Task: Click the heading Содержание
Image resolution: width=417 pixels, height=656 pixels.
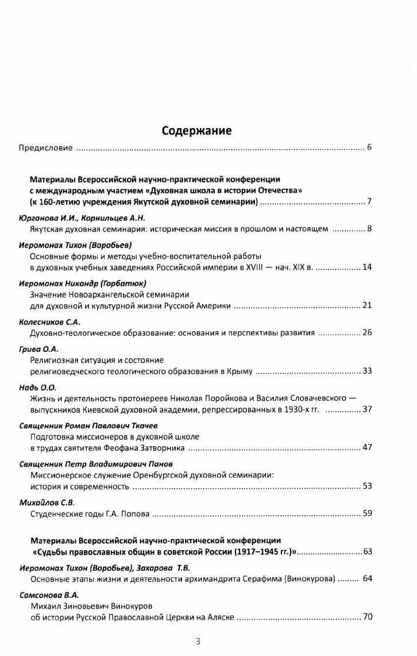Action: click(x=196, y=131)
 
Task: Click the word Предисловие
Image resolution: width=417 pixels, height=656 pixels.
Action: click(x=45, y=148)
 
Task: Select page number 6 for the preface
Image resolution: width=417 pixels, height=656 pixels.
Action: click(x=369, y=148)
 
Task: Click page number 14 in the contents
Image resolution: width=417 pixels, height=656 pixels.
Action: click(x=367, y=267)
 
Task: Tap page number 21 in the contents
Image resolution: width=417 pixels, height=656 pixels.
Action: click(x=367, y=305)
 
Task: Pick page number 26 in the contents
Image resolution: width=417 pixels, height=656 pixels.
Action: click(x=367, y=332)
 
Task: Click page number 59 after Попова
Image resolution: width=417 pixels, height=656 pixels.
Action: click(x=367, y=513)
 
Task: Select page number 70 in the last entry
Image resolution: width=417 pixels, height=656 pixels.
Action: click(x=367, y=617)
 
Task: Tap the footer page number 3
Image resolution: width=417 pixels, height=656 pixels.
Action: click(x=198, y=642)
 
